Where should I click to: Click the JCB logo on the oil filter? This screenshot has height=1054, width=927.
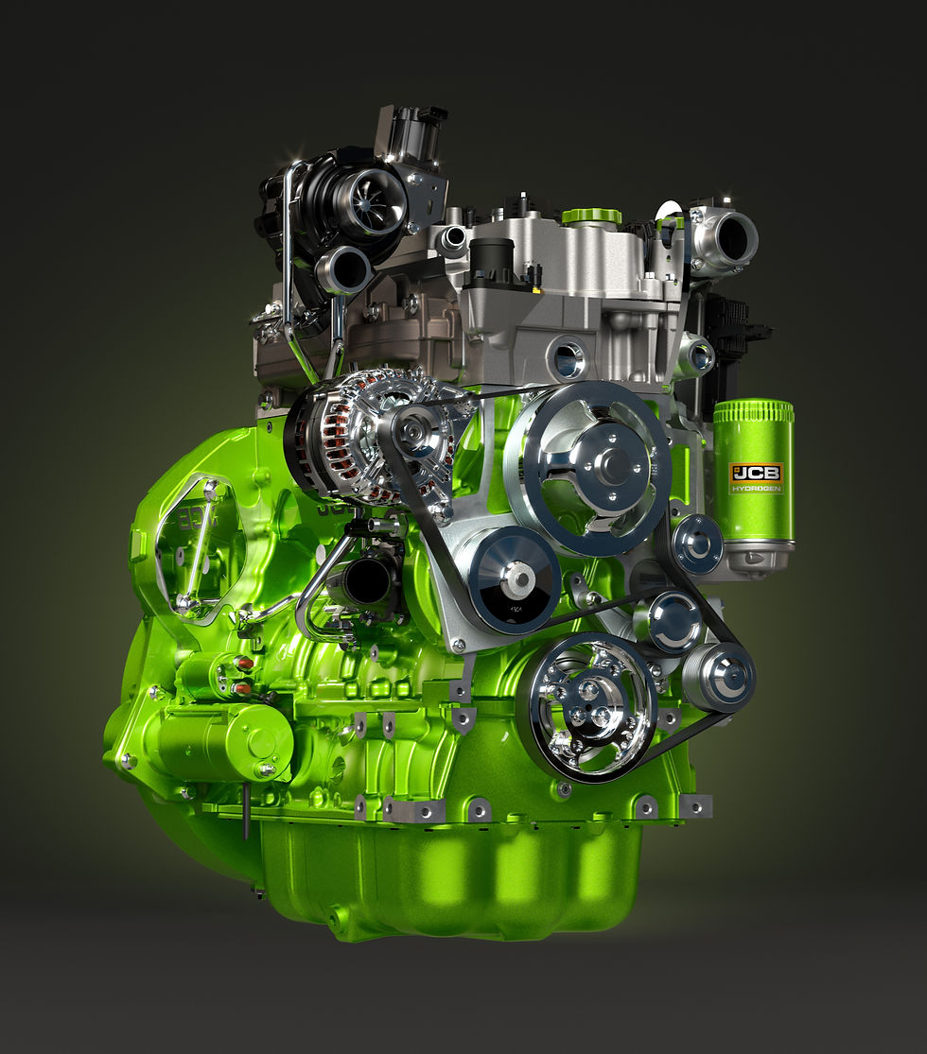coord(757,472)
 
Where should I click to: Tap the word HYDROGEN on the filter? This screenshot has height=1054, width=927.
coord(757,488)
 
